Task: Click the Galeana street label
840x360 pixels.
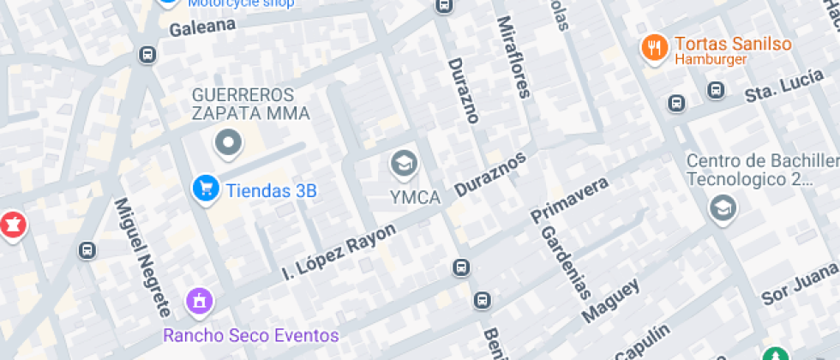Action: click(x=202, y=27)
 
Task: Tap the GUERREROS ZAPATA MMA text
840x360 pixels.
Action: click(x=250, y=103)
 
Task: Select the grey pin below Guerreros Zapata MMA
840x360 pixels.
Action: click(x=229, y=144)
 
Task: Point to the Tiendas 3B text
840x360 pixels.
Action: click(x=271, y=190)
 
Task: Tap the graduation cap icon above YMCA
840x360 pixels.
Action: click(x=403, y=162)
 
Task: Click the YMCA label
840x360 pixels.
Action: click(x=415, y=198)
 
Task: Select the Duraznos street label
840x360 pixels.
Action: click(x=489, y=174)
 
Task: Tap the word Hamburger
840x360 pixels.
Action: click(x=711, y=60)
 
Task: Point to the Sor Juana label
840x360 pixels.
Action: click(x=800, y=284)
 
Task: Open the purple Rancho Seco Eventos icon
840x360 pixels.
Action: click(x=200, y=301)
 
